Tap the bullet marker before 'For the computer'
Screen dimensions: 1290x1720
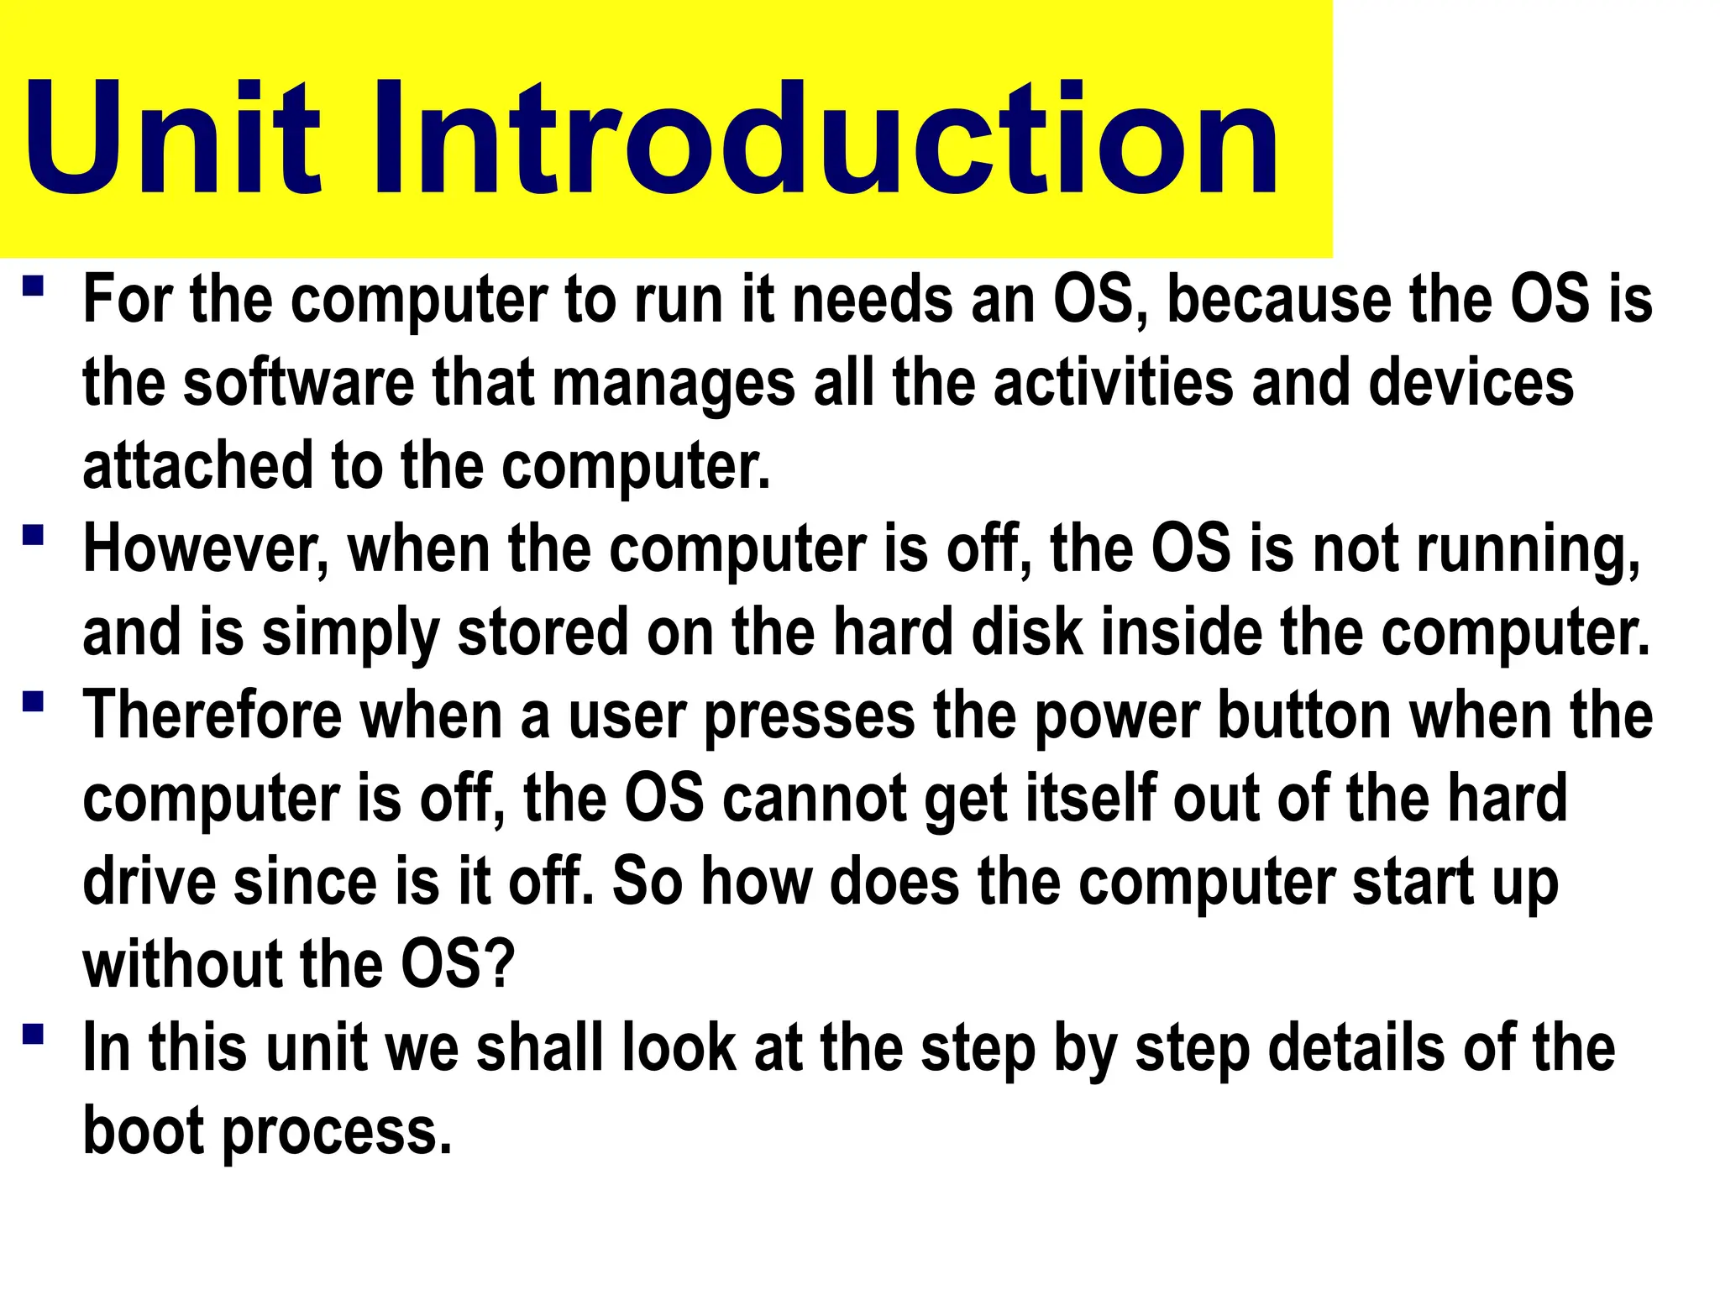pos(33,286)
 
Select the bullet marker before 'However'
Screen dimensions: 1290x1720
pos(33,535)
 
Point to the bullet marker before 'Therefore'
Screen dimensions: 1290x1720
pos(33,700)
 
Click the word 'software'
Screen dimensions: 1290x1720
pos(298,383)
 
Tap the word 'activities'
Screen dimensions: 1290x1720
pos(1114,383)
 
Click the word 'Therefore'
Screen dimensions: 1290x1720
pos(213,715)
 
